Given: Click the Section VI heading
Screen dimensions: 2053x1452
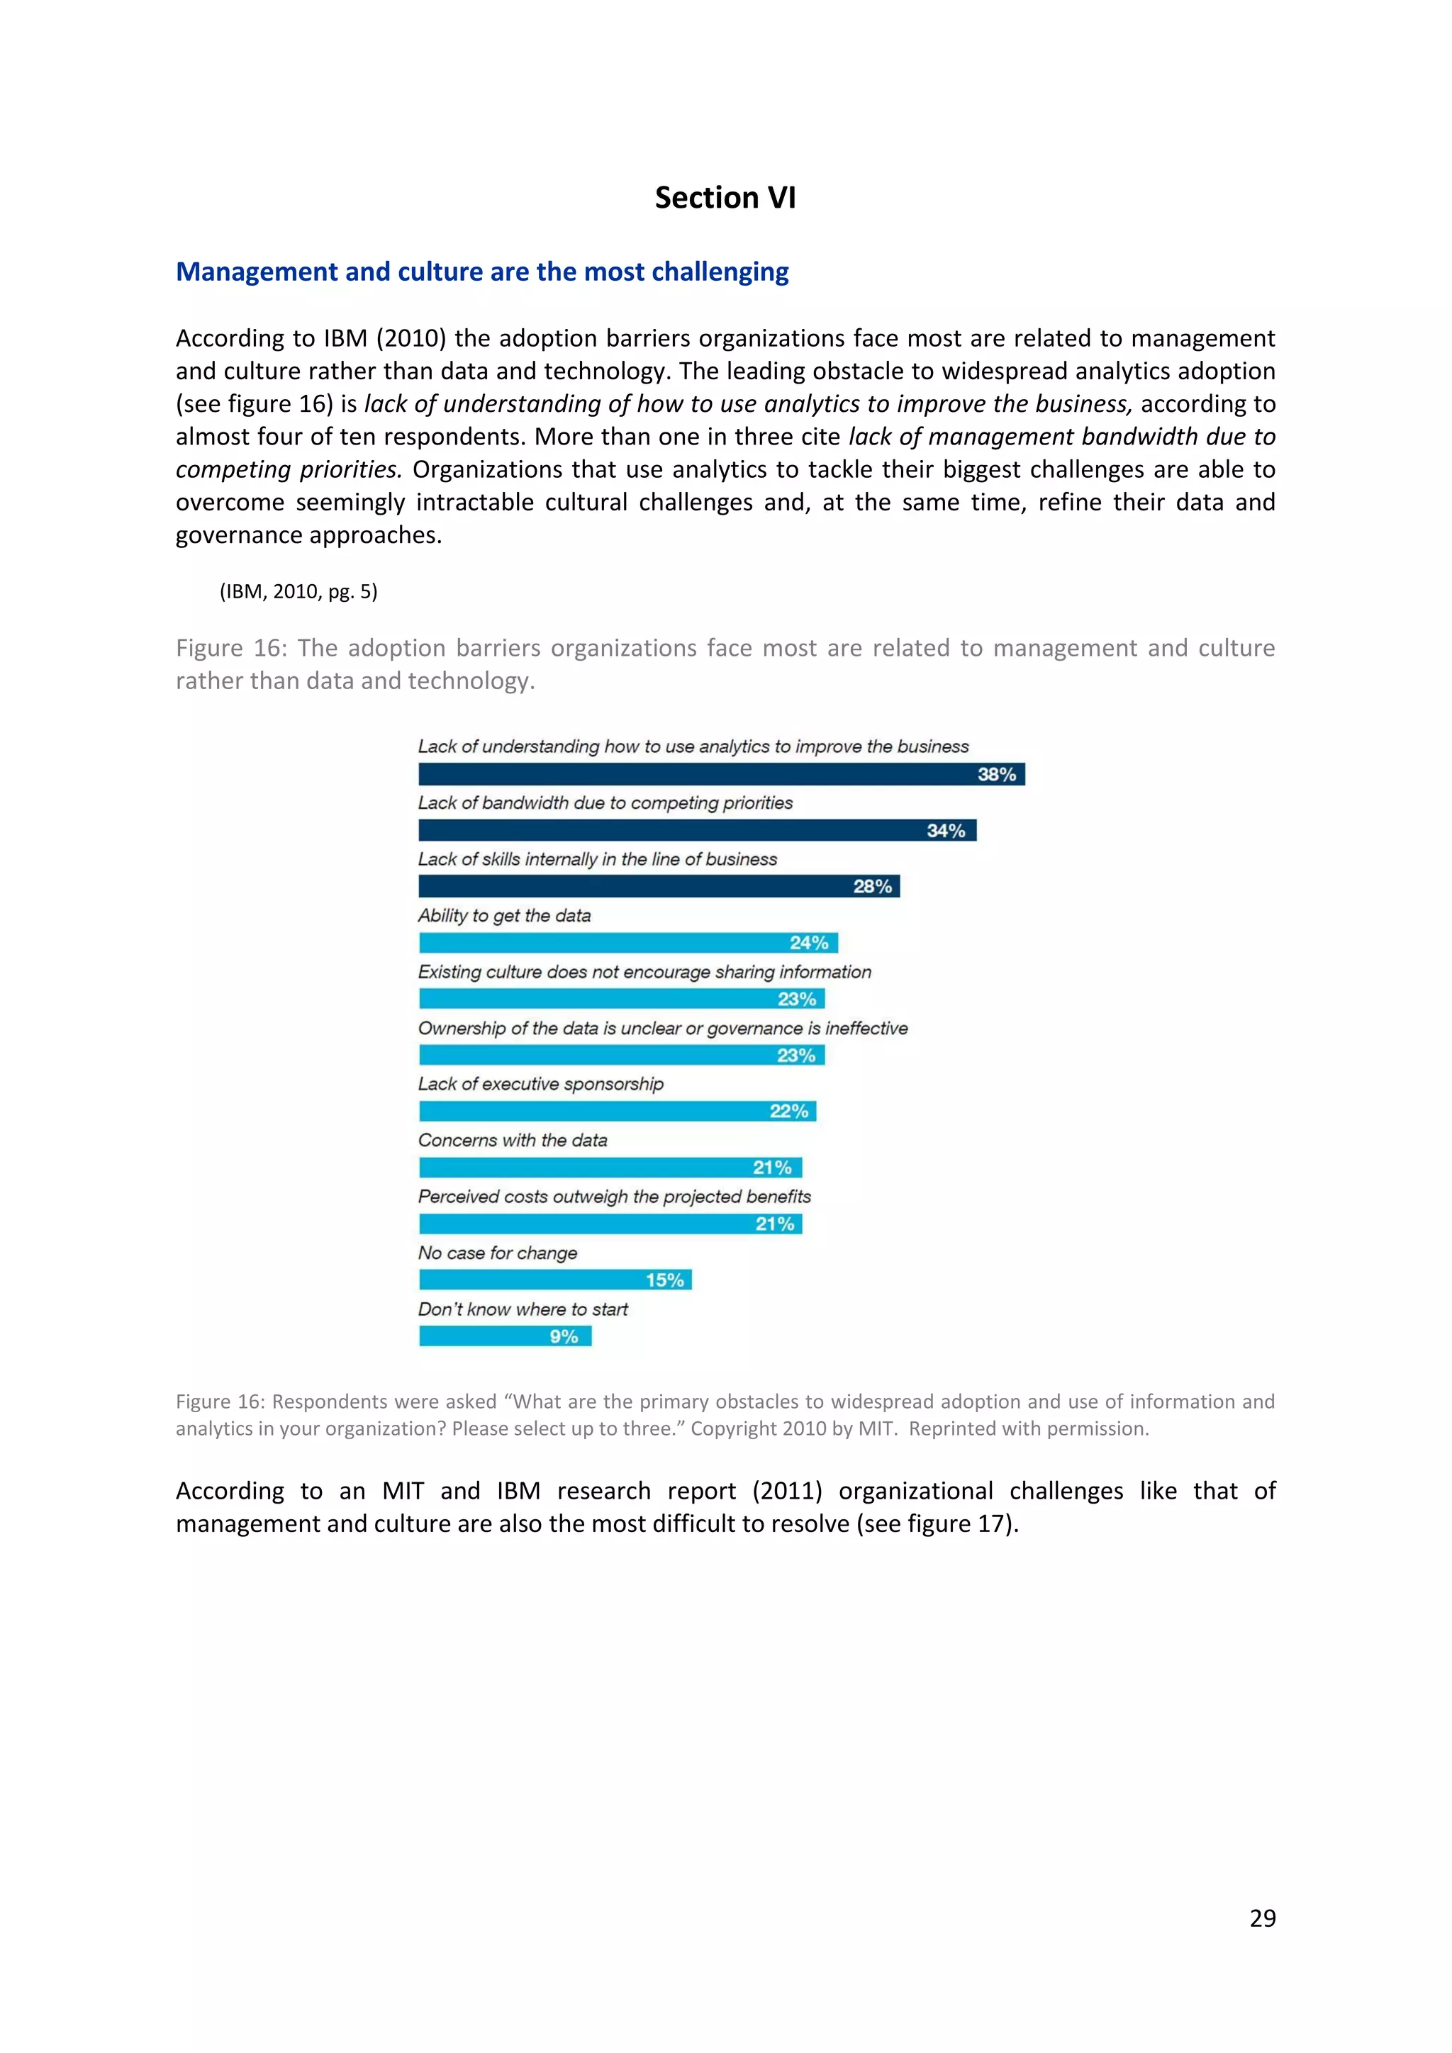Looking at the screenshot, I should pos(725,198).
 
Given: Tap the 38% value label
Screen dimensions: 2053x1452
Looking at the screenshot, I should pos(996,774).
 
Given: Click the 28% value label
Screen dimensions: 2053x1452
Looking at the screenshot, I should pos(872,886).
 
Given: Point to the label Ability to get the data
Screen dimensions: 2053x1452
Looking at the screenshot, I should pos(504,916).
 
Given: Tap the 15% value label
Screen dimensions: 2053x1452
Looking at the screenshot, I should pos(664,1280).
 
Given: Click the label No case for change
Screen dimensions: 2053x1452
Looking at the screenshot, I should pos(498,1253).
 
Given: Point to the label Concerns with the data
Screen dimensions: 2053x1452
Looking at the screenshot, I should pos(513,1140).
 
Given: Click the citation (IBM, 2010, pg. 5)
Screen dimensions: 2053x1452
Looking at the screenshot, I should pos(298,591).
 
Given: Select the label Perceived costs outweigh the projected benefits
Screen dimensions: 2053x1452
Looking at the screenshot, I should pos(614,1197).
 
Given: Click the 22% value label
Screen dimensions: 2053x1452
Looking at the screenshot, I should pos(788,1112).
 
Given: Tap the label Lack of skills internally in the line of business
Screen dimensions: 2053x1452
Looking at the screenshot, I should pos(597,859).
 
